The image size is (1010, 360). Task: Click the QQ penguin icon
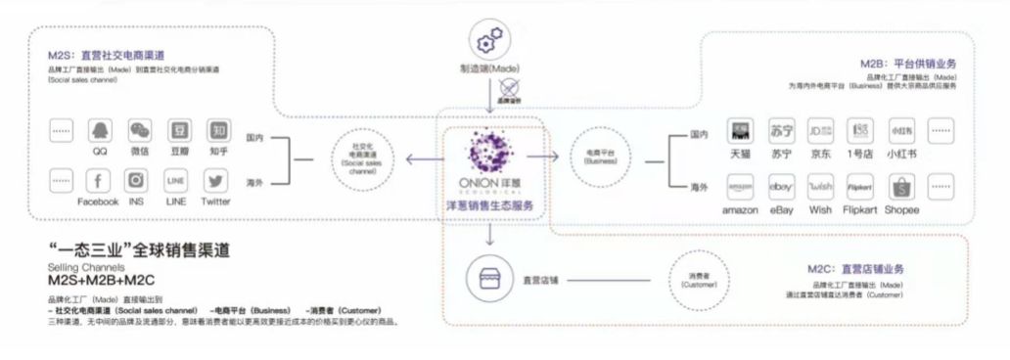pyautogui.click(x=99, y=130)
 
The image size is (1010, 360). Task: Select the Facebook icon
pyautogui.click(x=99, y=181)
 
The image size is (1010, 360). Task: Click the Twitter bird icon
pyautogui.click(x=216, y=181)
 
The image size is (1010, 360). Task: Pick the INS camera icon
pyautogui.click(x=137, y=181)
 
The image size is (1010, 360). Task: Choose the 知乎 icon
pyautogui.click(x=219, y=130)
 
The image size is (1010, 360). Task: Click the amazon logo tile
pyautogui.click(x=740, y=187)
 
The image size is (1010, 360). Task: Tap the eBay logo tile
pyautogui.click(x=782, y=187)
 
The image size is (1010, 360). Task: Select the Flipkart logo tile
pyautogui.click(x=860, y=187)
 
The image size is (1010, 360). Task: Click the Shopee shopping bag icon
pyautogui.click(x=900, y=187)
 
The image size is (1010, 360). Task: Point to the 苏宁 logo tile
pyautogui.click(x=782, y=131)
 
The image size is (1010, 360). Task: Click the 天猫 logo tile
pyautogui.click(x=741, y=131)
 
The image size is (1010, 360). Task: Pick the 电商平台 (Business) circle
pyautogui.click(x=598, y=157)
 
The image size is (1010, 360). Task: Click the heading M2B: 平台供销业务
pyautogui.click(x=907, y=63)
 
